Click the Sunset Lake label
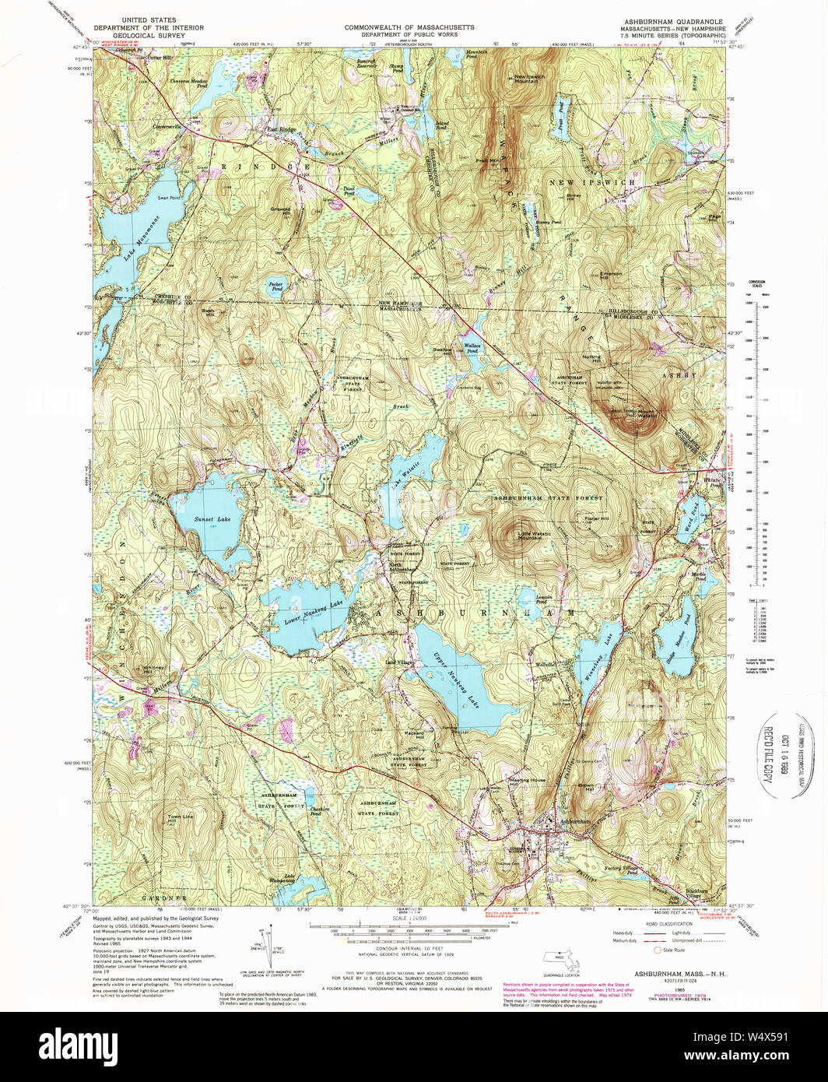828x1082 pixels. pos(212,519)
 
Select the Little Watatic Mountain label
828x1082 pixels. pos(535,536)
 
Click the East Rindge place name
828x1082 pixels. pos(282,129)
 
